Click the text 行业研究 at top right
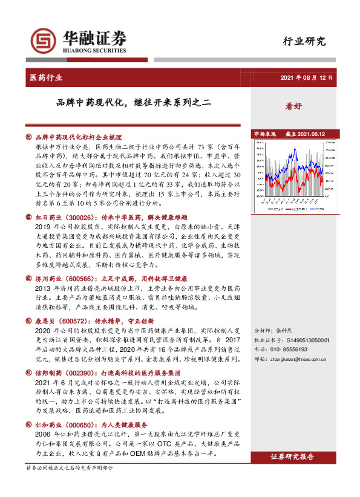click(x=304, y=42)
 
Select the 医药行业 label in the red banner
click(x=46, y=77)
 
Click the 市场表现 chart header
click(x=264, y=133)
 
